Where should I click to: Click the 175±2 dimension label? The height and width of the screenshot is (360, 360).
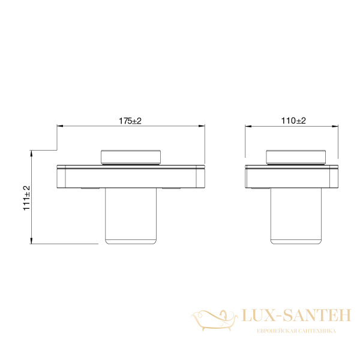(x=130, y=121)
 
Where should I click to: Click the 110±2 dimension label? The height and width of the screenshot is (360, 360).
(x=293, y=121)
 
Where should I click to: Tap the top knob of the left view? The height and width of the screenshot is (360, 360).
(x=131, y=157)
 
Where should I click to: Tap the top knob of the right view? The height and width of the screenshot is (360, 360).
(x=295, y=157)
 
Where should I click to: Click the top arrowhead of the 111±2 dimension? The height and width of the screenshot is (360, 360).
(x=32, y=152)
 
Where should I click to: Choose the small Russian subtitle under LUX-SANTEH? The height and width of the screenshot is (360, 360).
(x=296, y=331)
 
